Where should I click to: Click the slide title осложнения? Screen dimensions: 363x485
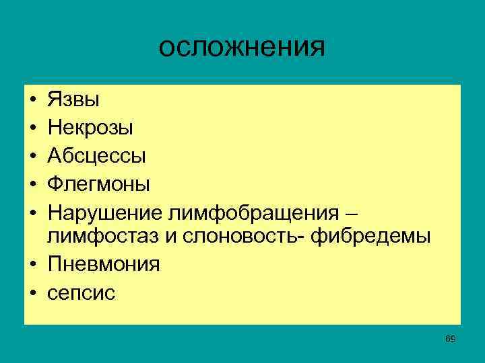[x=243, y=48]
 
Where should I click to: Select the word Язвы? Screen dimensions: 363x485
[x=73, y=100]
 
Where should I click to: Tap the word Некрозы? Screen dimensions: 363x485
[x=90, y=128]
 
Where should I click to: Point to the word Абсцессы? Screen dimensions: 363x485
[x=96, y=155]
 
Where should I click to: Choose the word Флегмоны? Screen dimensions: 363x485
[x=98, y=183]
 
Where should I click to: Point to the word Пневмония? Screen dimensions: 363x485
[x=104, y=264]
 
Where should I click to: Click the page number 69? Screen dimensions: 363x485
[x=451, y=339]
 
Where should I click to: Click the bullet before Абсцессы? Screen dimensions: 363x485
[x=32, y=157]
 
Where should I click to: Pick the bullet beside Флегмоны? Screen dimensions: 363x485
[x=32, y=184]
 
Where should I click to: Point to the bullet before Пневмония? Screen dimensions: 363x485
[x=32, y=266]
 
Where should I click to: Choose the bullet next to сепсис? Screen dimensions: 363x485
[x=32, y=293]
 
